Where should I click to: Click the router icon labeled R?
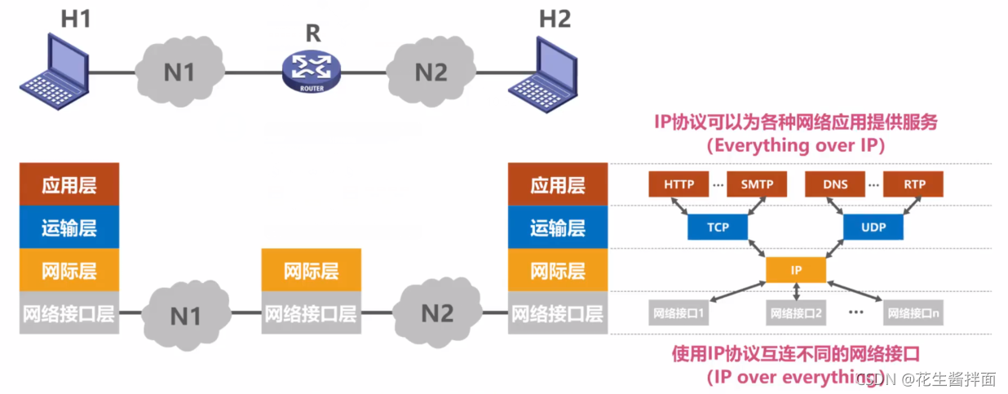coord(311,71)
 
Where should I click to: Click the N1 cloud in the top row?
coord(179,72)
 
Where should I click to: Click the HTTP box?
coord(679,184)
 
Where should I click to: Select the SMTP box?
coord(757,184)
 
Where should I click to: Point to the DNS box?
coord(835,184)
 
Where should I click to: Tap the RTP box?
coord(914,184)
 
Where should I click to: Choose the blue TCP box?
coord(718,228)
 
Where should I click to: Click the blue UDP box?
coord(874,228)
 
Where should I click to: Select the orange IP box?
coord(796,270)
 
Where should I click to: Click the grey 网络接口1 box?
coord(679,312)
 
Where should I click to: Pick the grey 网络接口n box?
coord(914,312)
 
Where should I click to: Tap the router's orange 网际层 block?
coord(311,270)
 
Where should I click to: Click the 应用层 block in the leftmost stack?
coord(69,184)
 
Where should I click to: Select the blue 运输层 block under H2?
coord(558,228)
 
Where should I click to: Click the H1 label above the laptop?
coord(76,20)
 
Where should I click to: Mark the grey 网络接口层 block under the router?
coord(311,312)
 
